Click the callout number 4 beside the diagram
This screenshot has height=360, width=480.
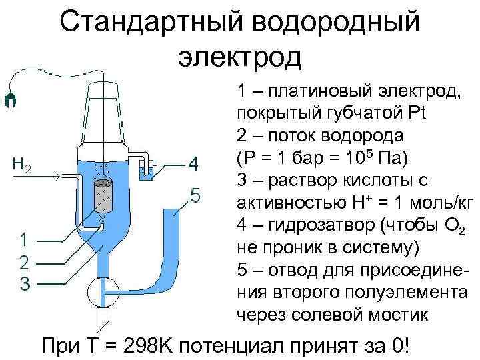(193, 164)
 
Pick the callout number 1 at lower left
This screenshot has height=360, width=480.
(24, 239)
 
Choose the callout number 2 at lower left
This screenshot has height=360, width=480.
(24, 261)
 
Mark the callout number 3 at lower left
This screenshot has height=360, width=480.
(24, 283)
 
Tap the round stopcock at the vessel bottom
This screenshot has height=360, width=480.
(103, 291)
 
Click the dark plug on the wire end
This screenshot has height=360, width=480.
(9, 101)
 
